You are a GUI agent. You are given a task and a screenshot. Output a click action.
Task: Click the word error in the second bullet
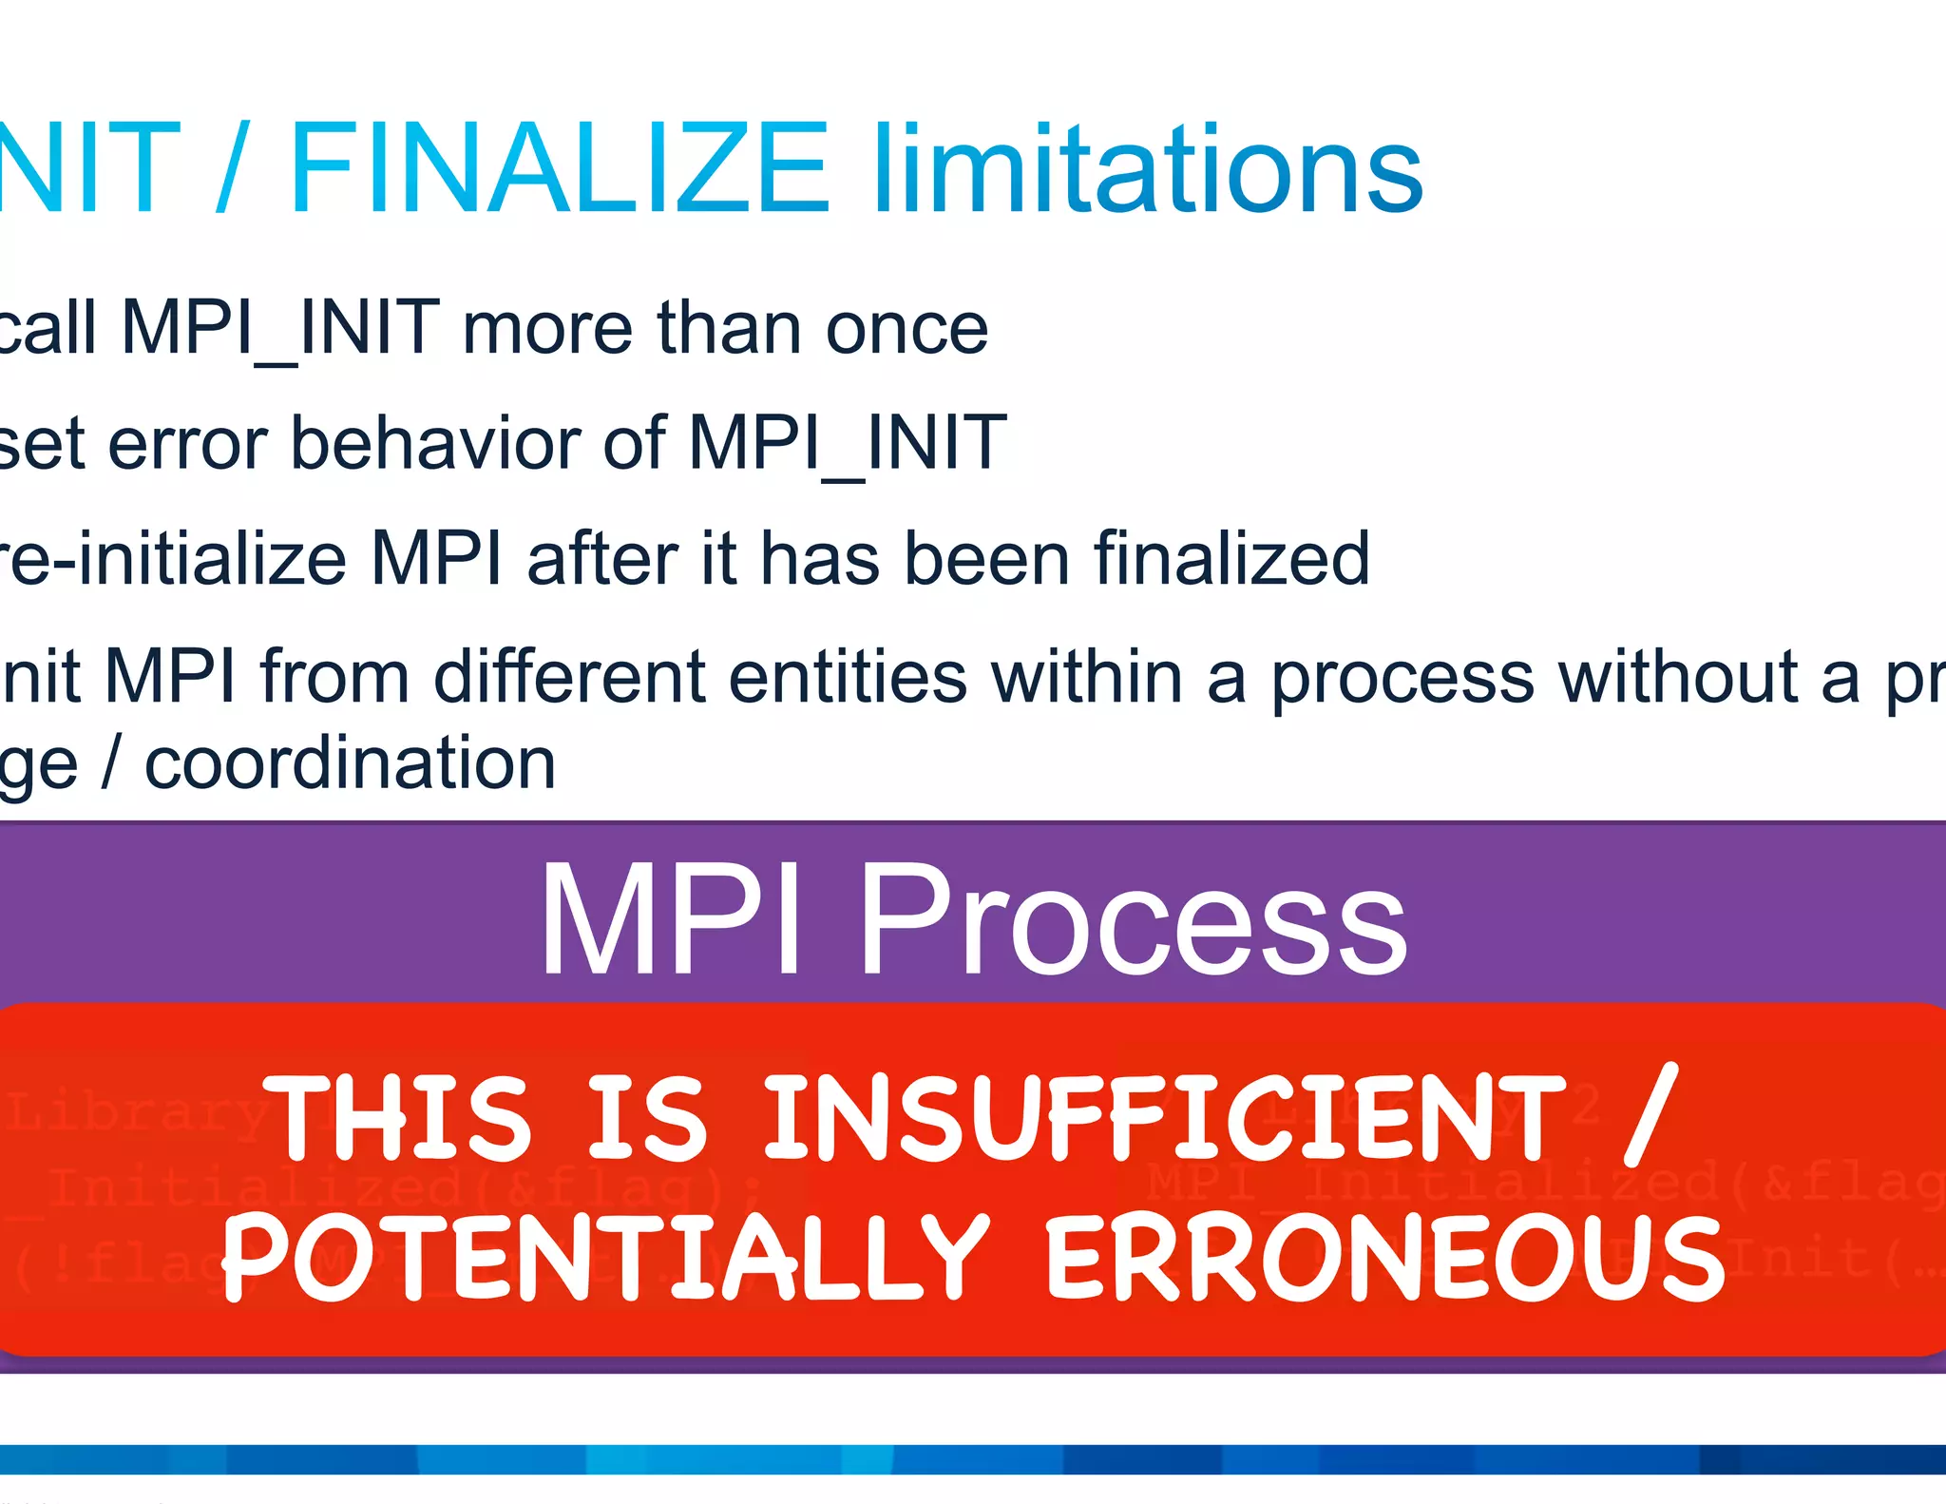coord(188,444)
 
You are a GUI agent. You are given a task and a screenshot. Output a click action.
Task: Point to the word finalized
coord(1231,559)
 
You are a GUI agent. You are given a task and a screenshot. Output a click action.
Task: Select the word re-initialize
coord(171,559)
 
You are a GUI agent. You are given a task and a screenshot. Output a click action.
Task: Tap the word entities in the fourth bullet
coord(848,677)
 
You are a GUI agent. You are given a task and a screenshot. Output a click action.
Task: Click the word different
coord(568,677)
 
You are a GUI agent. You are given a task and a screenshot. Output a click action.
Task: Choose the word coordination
coord(350,763)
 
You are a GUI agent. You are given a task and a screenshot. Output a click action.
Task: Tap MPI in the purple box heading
coord(671,920)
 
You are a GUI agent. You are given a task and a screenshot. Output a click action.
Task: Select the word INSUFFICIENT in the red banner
coord(1165,1118)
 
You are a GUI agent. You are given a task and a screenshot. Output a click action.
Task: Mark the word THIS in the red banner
coord(397,1118)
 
